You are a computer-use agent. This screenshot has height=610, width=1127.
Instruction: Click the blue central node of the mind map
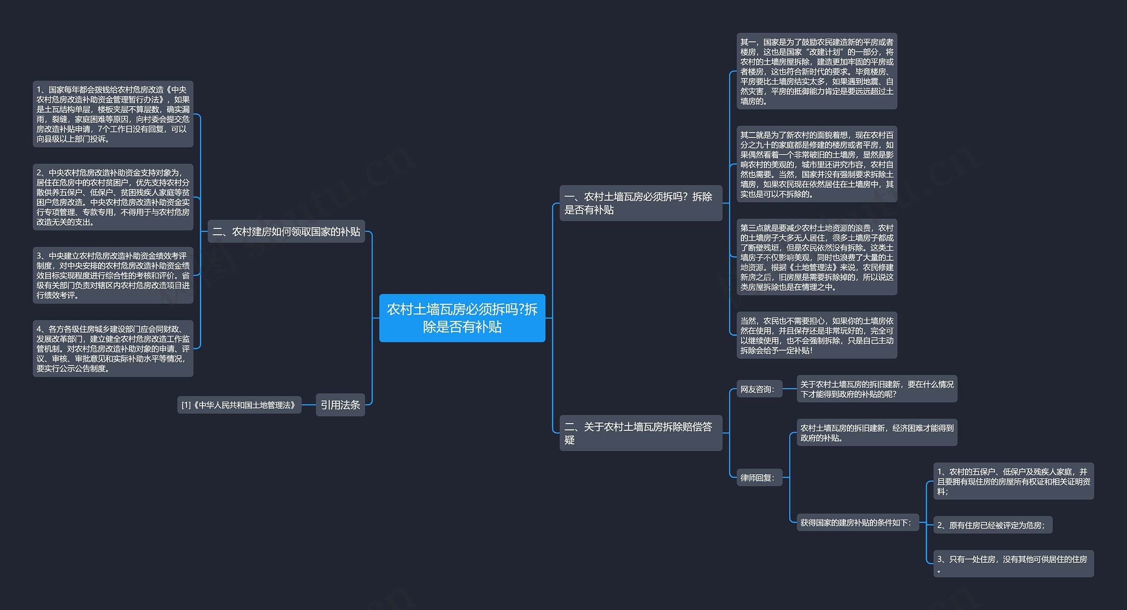click(x=462, y=318)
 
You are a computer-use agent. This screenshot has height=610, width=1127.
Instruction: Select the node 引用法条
click(x=340, y=405)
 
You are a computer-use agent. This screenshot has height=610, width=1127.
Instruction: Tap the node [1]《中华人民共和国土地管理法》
click(x=239, y=405)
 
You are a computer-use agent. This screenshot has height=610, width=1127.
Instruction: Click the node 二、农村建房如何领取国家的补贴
click(x=286, y=231)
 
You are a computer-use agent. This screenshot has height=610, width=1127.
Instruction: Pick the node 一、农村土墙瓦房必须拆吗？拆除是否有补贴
click(x=641, y=203)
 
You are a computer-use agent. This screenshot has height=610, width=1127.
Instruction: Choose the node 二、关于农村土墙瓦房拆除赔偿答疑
click(x=641, y=433)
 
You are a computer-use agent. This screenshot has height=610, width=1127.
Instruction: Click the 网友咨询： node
click(x=759, y=389)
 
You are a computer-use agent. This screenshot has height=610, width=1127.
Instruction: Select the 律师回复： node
click(x=759, y=477)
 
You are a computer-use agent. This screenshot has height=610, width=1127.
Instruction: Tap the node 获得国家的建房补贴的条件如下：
click(x=858, y=522)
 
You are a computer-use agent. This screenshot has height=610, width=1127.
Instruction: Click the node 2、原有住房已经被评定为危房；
click(x=993, y=525)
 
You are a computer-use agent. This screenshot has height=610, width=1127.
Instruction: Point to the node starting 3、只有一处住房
click(x=1013, y=564)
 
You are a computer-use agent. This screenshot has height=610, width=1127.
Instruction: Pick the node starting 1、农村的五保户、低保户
click(x=1013, y=481)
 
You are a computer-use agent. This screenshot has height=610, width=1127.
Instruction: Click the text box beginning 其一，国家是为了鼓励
click(x=817, y=71)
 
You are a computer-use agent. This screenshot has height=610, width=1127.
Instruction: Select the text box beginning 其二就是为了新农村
click(x=817, y=164)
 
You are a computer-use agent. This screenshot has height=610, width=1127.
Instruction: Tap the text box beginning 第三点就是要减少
click(x=817, y=257)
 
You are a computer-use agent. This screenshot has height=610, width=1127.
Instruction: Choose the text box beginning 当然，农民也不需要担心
click(x=817, y=335)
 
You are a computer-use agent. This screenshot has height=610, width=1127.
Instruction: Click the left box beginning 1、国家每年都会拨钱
click(x=113, y=114)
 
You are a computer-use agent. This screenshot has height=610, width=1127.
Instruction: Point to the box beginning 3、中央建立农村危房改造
click(x=113, y=275)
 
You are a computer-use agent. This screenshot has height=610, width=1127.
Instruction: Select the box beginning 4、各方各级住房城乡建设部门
click(x=113, y=348)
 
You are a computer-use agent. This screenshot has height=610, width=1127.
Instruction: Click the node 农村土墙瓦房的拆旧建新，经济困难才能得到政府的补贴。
click(x=877, y=433)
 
